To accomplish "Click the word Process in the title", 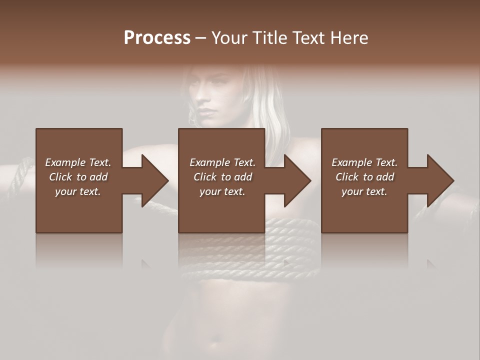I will click(157, 38).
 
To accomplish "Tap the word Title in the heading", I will click(268, 38).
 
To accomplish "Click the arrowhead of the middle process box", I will click(297, 180).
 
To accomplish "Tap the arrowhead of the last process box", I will click(440, 180).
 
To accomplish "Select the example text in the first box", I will click(78, 177).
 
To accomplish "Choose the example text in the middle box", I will click(222, 177).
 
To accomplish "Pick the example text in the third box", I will click(364, 177).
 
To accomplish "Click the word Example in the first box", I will click(65, 162).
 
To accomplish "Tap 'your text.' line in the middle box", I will click(222, 191).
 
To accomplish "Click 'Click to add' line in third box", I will click(364, 177).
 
